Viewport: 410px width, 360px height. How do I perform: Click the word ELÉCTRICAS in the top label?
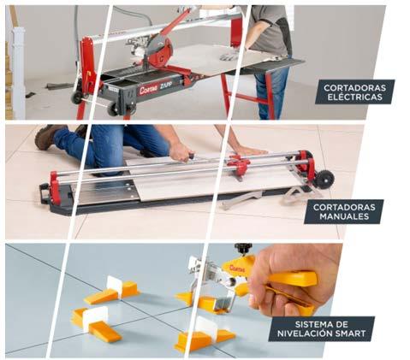[x=354, y=97]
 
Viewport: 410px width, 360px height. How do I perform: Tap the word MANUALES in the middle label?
[x=344, y=216]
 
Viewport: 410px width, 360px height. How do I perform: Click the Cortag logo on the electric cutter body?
[x=149, y=90]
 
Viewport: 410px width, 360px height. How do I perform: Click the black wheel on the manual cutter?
[x=324, y=180]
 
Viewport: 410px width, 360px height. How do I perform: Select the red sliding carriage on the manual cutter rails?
[x=239, y=165]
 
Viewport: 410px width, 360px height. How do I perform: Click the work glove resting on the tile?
[x=229, y=56]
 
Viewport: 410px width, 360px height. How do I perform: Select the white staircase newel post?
[x=18, y=73]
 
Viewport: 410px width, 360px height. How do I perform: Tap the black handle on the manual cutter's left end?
[x=44, y=193]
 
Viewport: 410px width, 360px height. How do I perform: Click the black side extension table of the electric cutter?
[x=274, y=65]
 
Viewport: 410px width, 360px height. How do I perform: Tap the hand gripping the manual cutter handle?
[x=181, y=151]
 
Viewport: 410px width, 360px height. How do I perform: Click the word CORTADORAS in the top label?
[x=354, y=87]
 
